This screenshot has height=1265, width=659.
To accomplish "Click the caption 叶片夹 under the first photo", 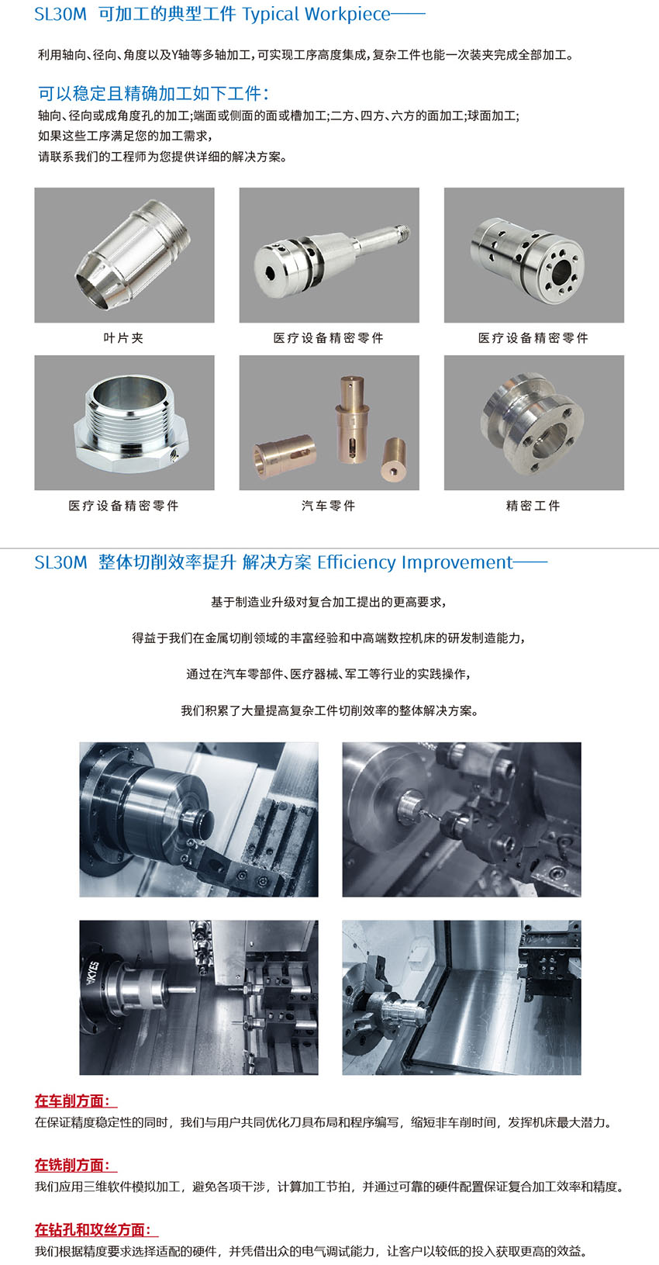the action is tap(124, 337).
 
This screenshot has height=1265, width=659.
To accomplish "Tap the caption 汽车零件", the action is tap(329, 506).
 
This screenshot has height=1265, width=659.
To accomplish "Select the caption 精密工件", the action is tap(533, 506).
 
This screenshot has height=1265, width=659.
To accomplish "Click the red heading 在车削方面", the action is tap(76, 1101).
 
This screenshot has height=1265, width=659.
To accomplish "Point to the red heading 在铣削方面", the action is tap(76, 1165).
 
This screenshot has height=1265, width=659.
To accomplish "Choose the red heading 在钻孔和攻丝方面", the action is tap(97, 1230).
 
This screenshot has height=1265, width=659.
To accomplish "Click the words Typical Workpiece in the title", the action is tap(316, 14).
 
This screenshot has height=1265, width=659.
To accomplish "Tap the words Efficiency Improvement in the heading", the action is tap(415, 562).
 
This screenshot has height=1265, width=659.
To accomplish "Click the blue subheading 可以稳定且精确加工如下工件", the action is tap(154, 93).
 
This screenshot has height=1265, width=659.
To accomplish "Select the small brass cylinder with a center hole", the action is tap(394, 460).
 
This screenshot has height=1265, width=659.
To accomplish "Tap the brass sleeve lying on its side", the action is tap(285, 456).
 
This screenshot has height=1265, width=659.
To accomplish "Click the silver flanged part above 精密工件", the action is tap(532, 423).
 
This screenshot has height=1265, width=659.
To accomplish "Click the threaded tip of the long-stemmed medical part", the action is tap(402, 230).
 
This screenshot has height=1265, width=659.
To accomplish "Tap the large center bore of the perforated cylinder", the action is tap(561, 272).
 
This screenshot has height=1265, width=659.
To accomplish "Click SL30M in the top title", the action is tap(60, 14).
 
